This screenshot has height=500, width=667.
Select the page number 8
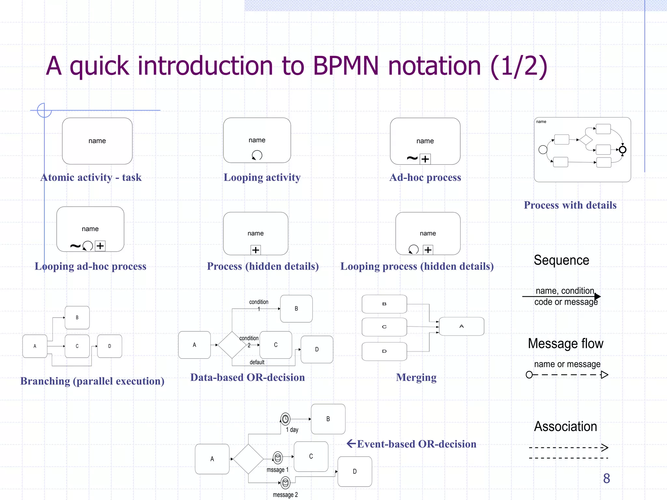[606, 478]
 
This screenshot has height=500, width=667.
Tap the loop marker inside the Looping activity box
[257, 155]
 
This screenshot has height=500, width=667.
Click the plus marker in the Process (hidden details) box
[256, 250]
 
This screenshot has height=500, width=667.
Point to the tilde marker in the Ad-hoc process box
[412, 159]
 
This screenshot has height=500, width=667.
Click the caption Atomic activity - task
[91, 177]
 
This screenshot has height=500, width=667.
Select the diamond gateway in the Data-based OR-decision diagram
[232, 345]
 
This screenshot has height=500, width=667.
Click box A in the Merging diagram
[461, 326]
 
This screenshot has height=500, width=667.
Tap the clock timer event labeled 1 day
[285, 419]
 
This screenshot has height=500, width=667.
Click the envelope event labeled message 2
[285, 483]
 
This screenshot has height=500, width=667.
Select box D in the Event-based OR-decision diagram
[355, 471]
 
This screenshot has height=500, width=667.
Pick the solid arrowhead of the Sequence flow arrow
[597, 297]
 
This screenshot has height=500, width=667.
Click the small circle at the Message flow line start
[529, 375]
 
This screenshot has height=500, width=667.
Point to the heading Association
[565, 426]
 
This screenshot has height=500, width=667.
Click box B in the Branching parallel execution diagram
[77, 317]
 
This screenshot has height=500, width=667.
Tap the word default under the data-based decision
[257, 362]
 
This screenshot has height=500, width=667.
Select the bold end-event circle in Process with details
[622, 150]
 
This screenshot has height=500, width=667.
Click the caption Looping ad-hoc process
[91, 266]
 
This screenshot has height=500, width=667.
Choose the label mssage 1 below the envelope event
[277, 470]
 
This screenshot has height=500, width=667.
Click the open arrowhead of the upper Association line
[605, 448]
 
